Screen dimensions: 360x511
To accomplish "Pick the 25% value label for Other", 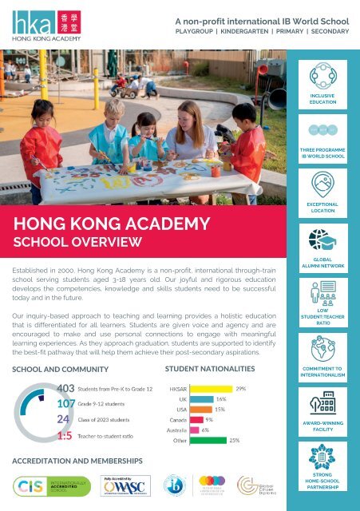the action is tap(234, 440).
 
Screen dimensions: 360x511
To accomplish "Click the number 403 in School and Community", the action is tap(68, 389).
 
